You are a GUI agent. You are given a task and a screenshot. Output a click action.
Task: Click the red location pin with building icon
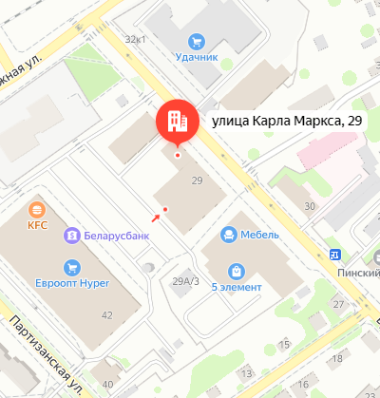[x=173, y=120]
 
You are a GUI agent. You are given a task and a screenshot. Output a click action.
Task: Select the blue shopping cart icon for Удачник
[x=196, y=41]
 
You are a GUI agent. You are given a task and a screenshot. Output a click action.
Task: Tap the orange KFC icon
[x=37, y=210]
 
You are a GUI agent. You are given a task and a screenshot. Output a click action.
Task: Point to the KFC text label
[x=37, y=226]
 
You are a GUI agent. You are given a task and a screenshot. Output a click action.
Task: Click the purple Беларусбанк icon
[x=69, y=235]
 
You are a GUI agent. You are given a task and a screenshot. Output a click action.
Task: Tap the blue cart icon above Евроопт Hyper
[x=70, y=267]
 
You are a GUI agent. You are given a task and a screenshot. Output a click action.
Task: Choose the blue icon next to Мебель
[x=228, y=234]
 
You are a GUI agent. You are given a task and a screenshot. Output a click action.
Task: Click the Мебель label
[x=259, y=234]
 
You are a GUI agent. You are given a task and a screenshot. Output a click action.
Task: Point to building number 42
[x=106, y=314]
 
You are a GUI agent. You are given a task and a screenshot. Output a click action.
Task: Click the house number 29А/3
[x=184, y=280]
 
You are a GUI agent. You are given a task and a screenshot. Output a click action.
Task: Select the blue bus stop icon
[x=334, y=255]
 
